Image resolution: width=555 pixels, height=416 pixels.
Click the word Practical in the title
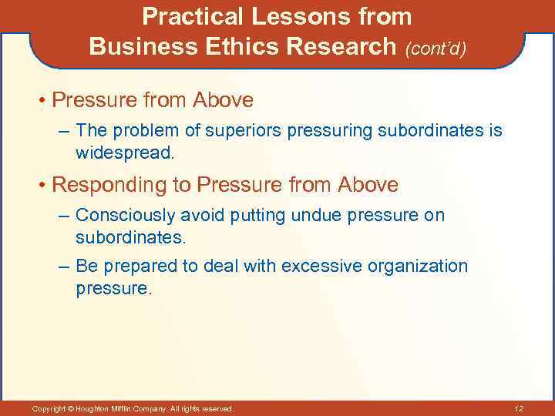click(x=190, y=16)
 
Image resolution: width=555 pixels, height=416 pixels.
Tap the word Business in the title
click(x=134, y=47)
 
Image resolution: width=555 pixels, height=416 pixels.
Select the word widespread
click(x=125, y=153)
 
